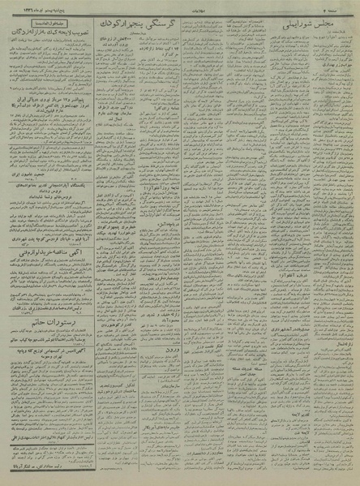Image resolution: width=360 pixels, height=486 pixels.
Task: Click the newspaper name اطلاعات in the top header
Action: [179, 6]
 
